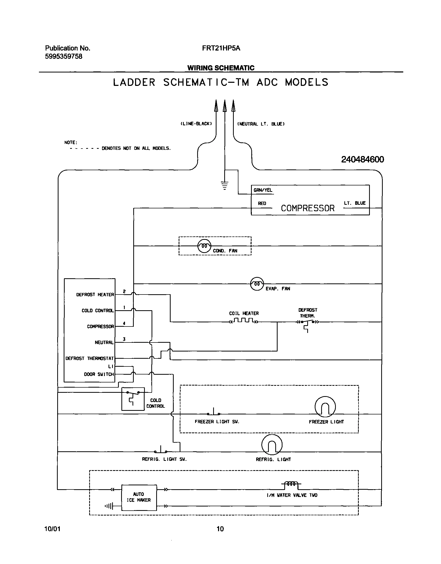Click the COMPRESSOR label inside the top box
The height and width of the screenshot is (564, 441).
pyautogui.click(x=307, y=208)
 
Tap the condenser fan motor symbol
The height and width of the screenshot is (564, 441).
pyautogui.click(x=204, y=246)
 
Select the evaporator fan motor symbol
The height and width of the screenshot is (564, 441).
pyautogui.click(x=257, y=284)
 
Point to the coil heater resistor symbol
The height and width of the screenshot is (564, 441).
pyautogui.click(x=244, y=321)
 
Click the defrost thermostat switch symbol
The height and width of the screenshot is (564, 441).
pyautogui.click(x=307, y=323)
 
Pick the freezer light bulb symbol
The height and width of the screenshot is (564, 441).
pyautogui.click(x=325, y=407)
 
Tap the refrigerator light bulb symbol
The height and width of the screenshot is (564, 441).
pyautogui.click(x=272, y=445)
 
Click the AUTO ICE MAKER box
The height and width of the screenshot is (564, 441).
pyautogui.click(x=139, y=497)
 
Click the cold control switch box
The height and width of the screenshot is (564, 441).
pyautogui.click(x=133, y=399)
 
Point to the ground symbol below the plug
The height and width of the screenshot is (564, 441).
pyautogui.click(x=225, y=185)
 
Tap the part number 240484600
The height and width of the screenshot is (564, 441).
pyautogui.click(x=362, y=159)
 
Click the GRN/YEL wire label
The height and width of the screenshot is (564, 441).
pyautogui.click(x=263, y=190)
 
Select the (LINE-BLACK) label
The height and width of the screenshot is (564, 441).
pyautogui.click(x=196, y=124)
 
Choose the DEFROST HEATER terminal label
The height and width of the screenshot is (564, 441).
pyautogui.click(x=95, y=295)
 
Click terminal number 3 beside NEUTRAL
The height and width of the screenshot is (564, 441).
pyautogui.click(x=124, y=339)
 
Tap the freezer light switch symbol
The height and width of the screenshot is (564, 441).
pyautogui.click(x=213, y=413)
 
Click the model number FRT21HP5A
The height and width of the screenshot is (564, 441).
pyautogui.click(x=221, y=48)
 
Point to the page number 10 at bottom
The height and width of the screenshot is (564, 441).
pyautogui.click(x=220, y=529)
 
